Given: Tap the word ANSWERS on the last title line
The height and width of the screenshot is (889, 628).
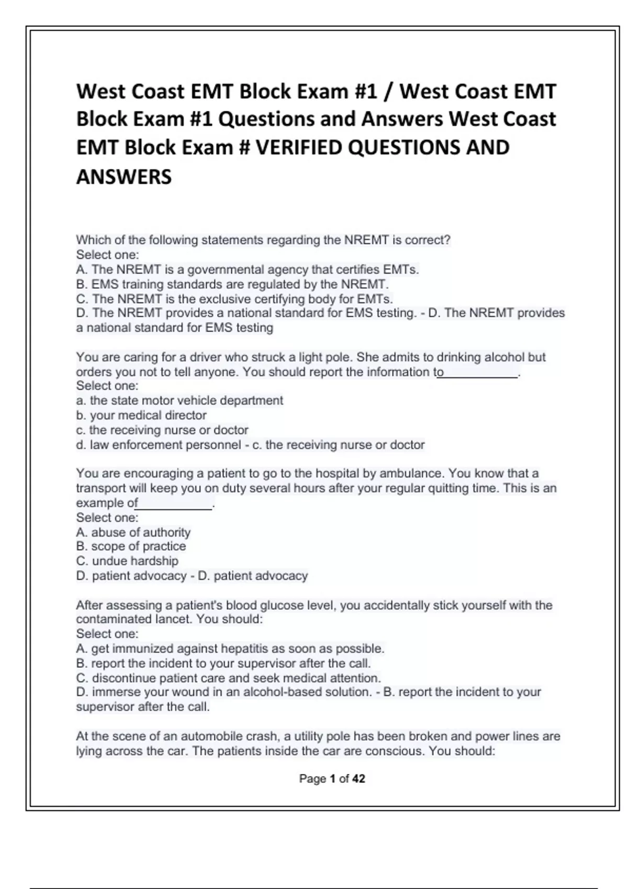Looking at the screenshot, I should click(x=124, y=177).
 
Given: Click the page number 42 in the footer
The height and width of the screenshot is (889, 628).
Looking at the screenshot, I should click(x=358, y=779).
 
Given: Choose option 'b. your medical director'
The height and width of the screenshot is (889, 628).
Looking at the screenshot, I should click(x=141, y=415).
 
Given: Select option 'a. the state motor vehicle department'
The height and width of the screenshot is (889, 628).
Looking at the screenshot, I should click(x=180, y=401).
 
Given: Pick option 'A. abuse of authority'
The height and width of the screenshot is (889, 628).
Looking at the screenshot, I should click(x=133, y=532).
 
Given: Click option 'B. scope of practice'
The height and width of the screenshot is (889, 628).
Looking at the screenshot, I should click(x=131, y=546).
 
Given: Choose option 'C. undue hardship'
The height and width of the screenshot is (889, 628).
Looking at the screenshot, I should click(x=127, y=561).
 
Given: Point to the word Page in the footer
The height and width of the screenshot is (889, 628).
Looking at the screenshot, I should click(x=312, y=779).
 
